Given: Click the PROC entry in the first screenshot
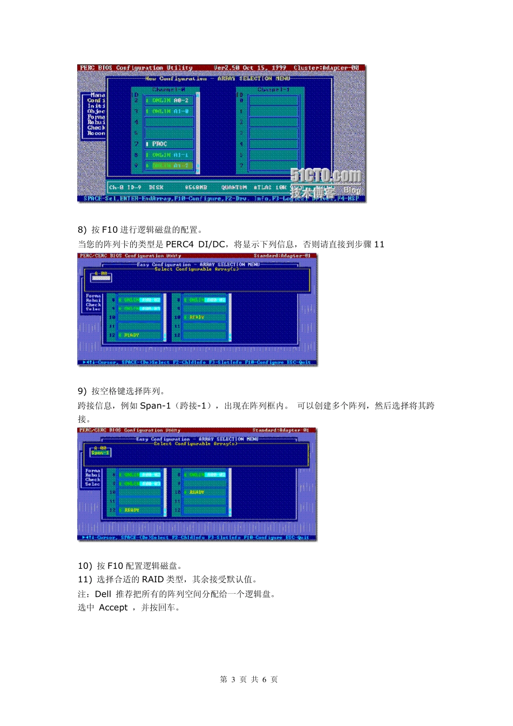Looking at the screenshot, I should [x=159, y=144].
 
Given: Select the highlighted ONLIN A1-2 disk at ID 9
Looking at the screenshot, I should [x=170, y=166].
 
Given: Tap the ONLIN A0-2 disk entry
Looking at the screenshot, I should [x=170, y=100].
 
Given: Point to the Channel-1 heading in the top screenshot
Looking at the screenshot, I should [x=273, y=90].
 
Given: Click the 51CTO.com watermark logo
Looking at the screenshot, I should [x=325, y=176].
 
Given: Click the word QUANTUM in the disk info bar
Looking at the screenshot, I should [x=234, y=187].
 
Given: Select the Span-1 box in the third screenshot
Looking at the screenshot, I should [x=100, y=453].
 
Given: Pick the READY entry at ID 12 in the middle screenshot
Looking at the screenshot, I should [x=131, y=335].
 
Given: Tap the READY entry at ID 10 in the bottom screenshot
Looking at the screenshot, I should [x=197, y=493].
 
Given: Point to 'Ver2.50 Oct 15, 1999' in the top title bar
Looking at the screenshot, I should [x=249, y=68].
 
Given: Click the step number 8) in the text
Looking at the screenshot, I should [x=82, y=230].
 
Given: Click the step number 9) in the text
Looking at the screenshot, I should [x=82, y=391].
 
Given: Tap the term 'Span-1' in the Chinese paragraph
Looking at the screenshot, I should [x=155, y=406].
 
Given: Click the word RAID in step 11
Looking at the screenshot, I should [x=153, y=580].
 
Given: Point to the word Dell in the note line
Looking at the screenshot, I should [x=103, y=594].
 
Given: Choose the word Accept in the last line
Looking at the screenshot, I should [x=113, y=608].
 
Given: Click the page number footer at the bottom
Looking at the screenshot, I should [x=249, y=680].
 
